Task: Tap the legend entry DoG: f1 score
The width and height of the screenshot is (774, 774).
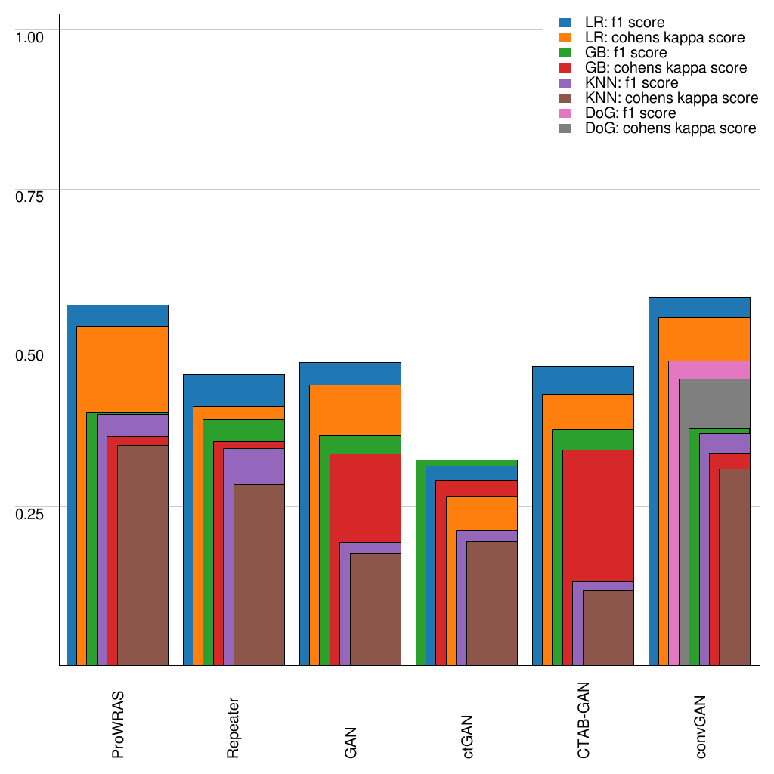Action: pyautogui.click(x=630, y=113)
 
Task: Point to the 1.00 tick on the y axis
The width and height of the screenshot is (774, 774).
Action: pyautogui.click(x=31, y=36)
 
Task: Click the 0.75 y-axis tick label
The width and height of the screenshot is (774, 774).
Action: pyautogui.click(x=31, y=196)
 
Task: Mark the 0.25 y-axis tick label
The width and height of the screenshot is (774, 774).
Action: pyautogui.click(x=31, y=513)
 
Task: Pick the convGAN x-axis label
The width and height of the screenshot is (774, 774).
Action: pyautogui.click(x=701, y=725)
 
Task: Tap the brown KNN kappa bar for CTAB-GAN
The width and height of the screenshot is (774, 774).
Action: pyautogui.click(x=608, y=627)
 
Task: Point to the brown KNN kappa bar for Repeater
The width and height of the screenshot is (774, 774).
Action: pyautogui.click(x=259, y=574)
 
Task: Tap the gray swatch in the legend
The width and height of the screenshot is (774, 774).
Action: pyautogui.click(x=565, y=128)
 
